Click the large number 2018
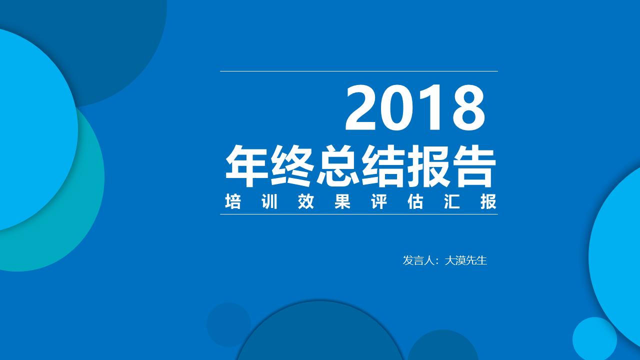[415, 108]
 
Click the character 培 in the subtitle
[233, 202]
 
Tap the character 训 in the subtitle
[269, 202]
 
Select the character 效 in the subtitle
[306, 202]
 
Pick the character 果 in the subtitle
[342, 202]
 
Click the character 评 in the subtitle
[379, 202]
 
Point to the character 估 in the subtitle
[415, 202]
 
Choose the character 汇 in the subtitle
[452, 202]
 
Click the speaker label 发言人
[417, 260]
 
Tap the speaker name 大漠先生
[465, 260]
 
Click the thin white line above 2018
[358, 71]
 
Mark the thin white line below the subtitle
[358, 214]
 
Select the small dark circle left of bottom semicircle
[228, 324]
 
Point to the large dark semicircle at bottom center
[320, 335]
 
